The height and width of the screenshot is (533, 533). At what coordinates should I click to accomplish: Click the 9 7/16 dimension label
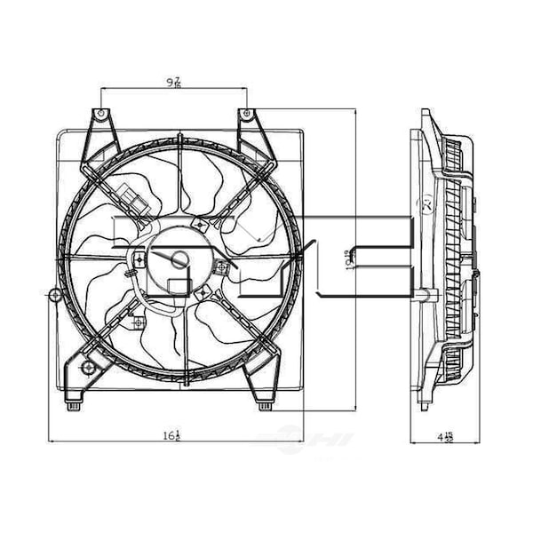coord(175,82)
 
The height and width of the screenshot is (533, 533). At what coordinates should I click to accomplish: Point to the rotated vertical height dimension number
coord(354,258)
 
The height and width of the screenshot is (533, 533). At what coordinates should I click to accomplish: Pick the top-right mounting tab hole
coord(244,115)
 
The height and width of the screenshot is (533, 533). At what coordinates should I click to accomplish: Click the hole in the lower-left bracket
coord(87,368)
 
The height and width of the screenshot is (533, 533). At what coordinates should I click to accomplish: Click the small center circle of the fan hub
coord(179,260)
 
